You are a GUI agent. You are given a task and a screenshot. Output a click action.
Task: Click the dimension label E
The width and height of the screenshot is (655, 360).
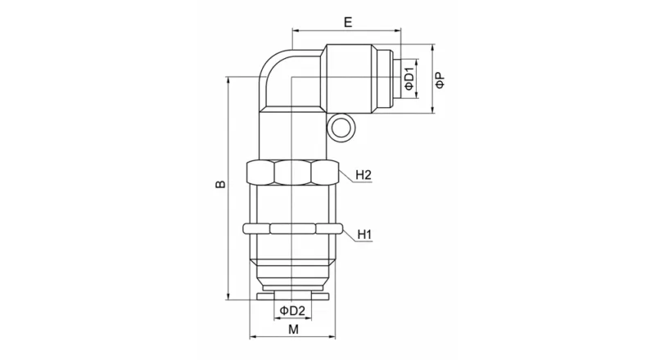click(x=348, y=23)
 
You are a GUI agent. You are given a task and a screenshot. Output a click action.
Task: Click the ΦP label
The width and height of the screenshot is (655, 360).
click(x=440, y=79)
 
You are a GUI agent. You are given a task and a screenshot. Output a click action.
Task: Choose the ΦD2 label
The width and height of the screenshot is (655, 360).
click(x=292, y=310)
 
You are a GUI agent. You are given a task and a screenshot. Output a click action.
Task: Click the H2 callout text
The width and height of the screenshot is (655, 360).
click(x=364, y=175)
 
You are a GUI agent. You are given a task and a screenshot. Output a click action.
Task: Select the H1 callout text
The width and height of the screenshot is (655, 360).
click(x=364, y=236)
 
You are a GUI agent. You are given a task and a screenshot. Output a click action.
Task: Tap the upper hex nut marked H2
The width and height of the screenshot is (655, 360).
click(x=292, y=173)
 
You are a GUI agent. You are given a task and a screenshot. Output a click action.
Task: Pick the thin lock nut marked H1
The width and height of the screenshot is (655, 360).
click(x=292, y=229)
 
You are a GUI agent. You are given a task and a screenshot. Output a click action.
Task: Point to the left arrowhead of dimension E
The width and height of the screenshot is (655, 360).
click(x=295, y=34)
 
